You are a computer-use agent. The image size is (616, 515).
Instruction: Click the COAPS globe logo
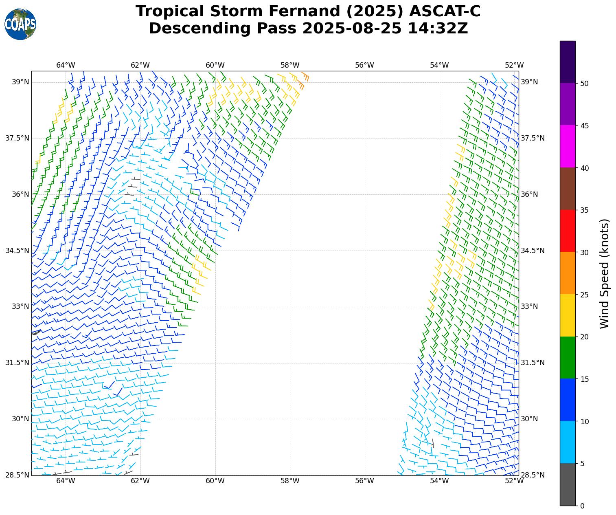tap(20, 24)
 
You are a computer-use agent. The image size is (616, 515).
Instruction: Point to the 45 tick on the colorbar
tap(585, 125)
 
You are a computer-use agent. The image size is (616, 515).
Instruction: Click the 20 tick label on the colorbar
tap(585, 337)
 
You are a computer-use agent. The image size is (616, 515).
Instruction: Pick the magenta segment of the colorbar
tap(568, 146)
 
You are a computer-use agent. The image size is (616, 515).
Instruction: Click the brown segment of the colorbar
tap(568, 189)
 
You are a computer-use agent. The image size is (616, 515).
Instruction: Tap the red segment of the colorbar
tap(568, 231)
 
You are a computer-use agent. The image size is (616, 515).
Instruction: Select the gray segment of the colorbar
tap(568, 484)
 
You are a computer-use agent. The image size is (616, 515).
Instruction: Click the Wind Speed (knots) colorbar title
tap(605, 273)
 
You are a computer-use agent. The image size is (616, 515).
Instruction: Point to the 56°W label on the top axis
tap(364, 65)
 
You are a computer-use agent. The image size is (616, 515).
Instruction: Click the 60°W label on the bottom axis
tap(215, 481)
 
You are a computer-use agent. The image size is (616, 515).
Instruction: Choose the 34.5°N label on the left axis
tap(17, 251)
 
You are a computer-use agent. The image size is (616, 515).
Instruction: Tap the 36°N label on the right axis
tap(529, 194)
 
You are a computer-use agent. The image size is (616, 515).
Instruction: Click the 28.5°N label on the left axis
tap(17, 475)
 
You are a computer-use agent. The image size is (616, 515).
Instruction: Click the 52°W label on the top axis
tap(514, 65)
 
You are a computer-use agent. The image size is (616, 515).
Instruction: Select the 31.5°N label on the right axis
tap(533, 363)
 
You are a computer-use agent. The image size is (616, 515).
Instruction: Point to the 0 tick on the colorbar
tap(582, 506)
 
